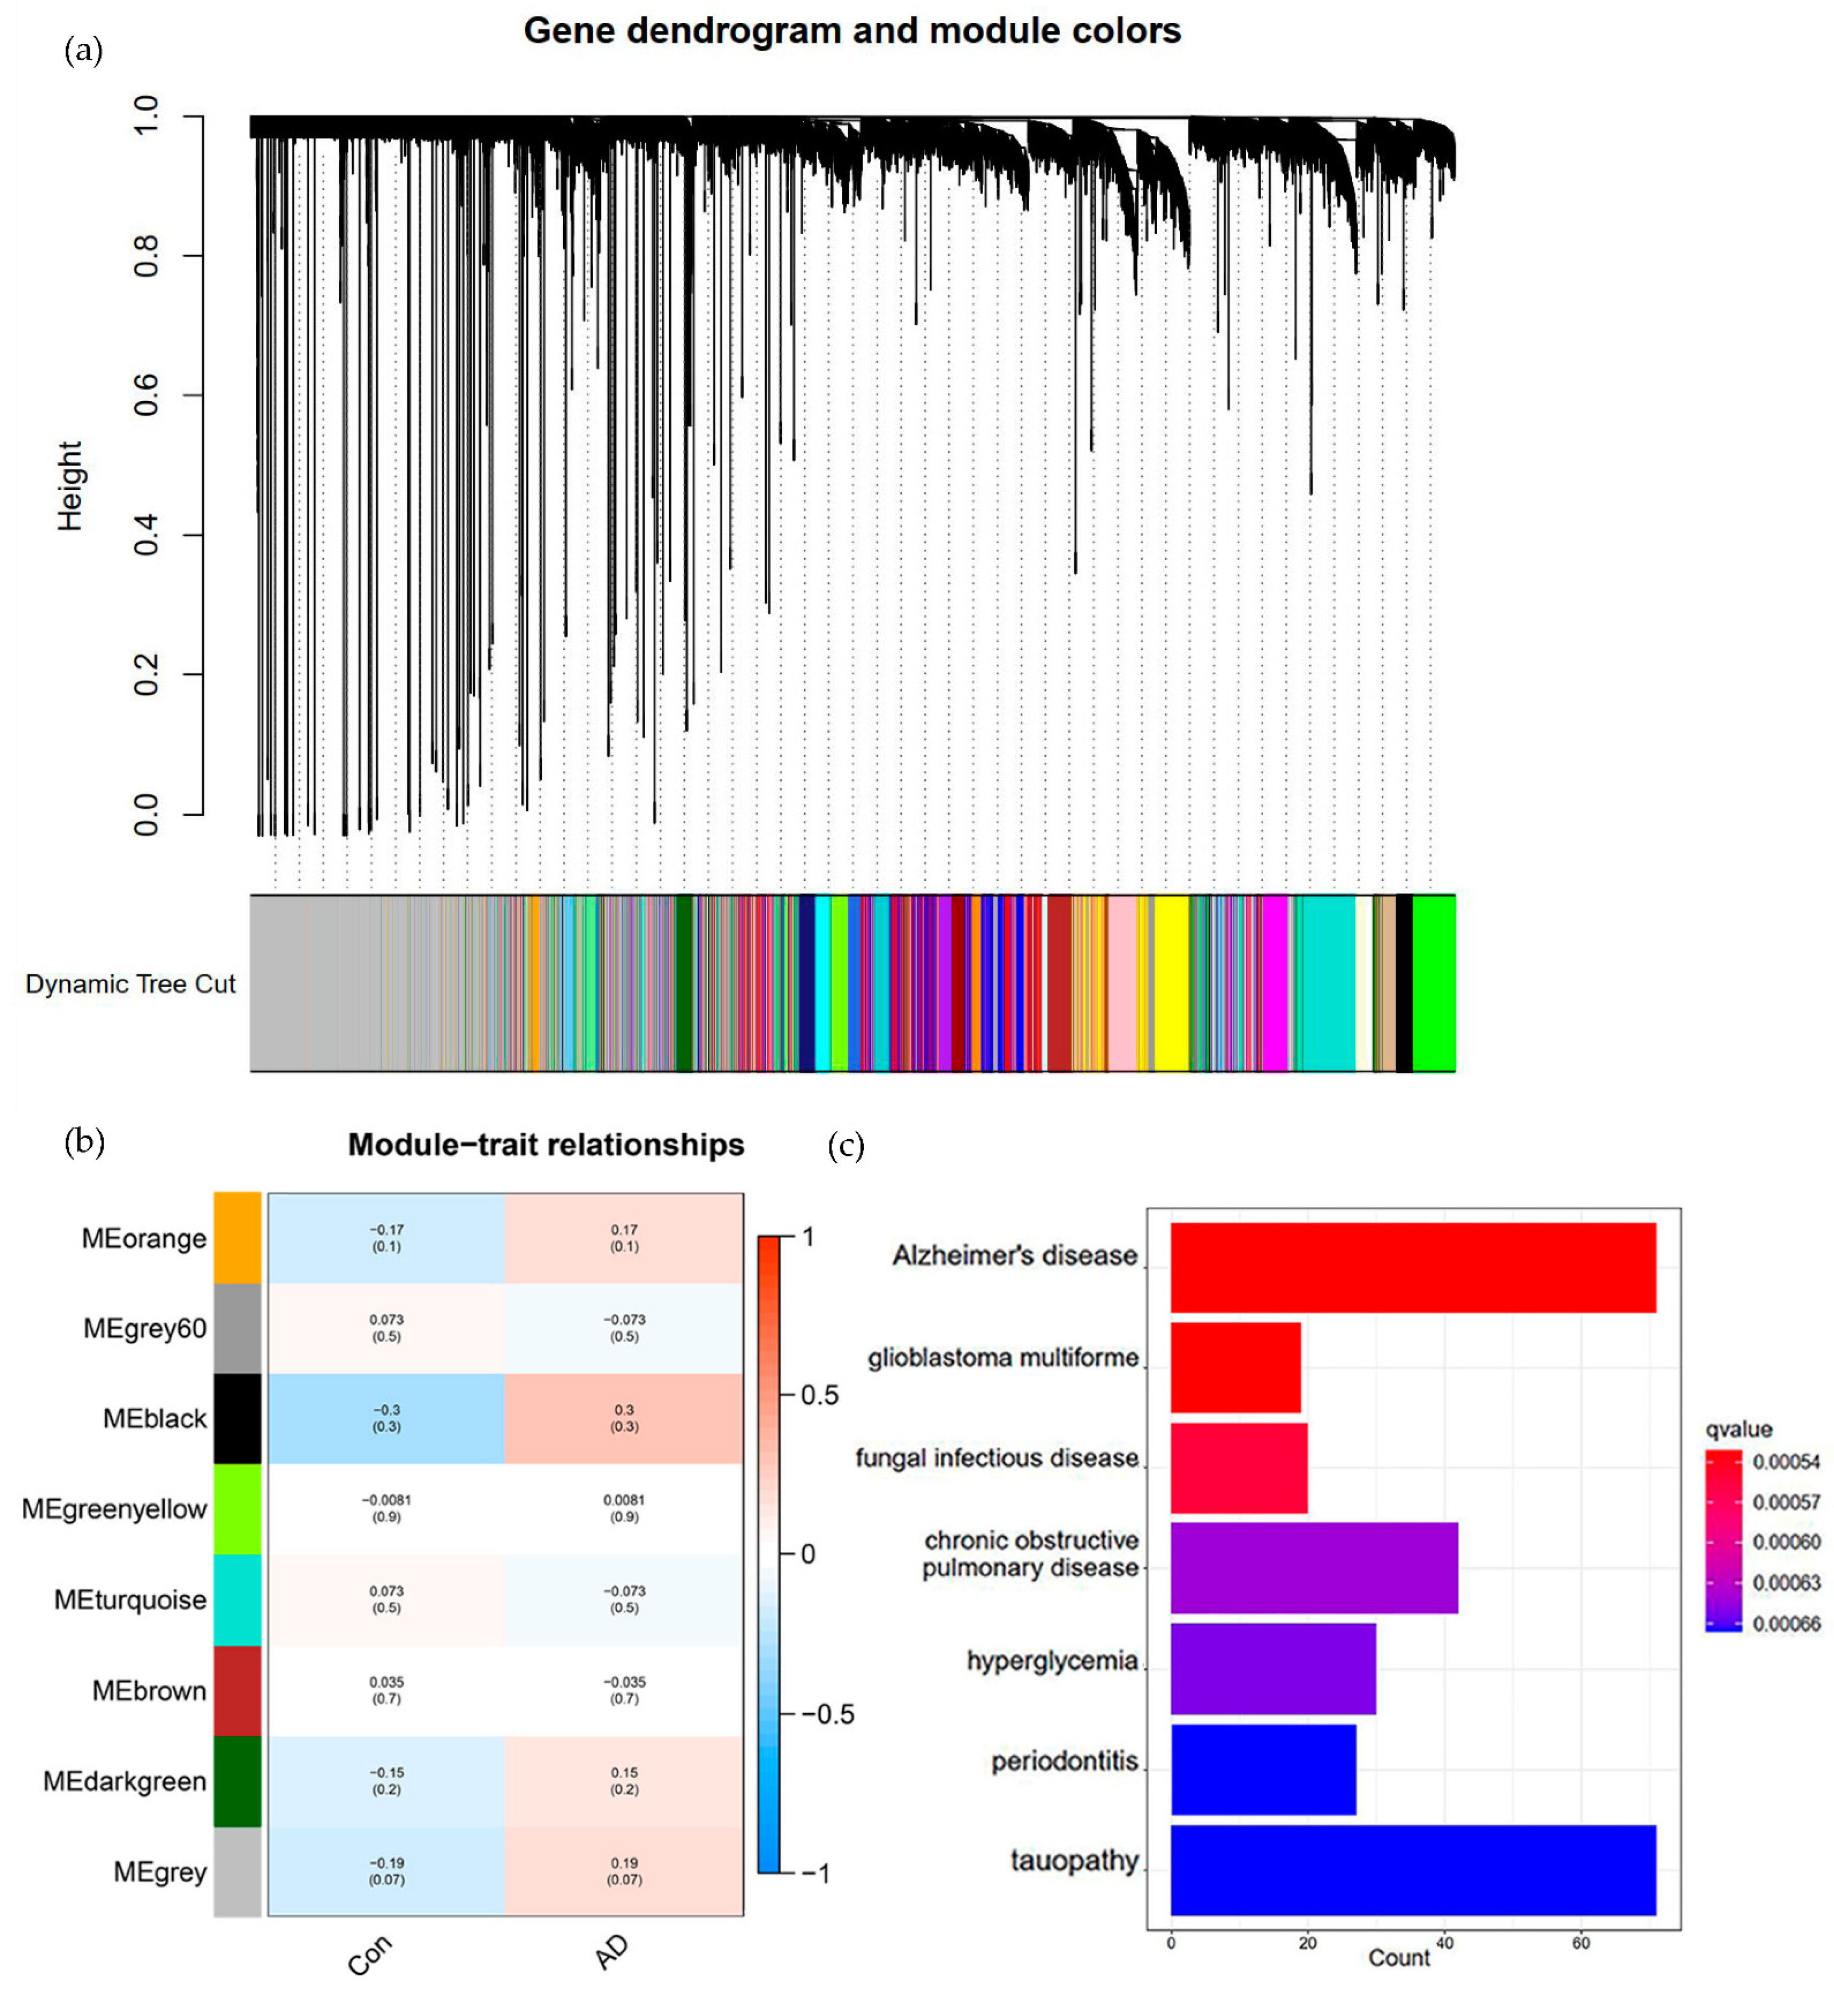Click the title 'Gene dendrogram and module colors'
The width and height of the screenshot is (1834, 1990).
point(851,31)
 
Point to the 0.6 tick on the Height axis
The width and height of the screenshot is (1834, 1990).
point(146,395)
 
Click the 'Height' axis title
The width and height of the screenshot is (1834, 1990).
point(69,486)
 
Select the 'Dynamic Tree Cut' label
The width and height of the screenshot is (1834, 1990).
point(130,984)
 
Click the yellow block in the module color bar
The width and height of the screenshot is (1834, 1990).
point(1171,983)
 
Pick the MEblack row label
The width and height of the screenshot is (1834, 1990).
point(155,1419)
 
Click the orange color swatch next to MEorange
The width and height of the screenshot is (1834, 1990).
point(237,1238)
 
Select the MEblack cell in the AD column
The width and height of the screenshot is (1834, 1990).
point(623,1419)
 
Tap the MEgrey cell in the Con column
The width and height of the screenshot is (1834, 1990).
point(386,1871)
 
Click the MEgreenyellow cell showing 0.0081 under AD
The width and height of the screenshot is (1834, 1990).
point(623,1508)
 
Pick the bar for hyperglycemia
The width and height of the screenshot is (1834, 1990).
point(1272,1669)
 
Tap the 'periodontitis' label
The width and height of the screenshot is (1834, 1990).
point(1064,1761)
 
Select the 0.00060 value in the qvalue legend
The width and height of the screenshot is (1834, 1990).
point(1785,1541)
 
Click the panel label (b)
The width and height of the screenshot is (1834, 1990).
point(85,1142)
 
